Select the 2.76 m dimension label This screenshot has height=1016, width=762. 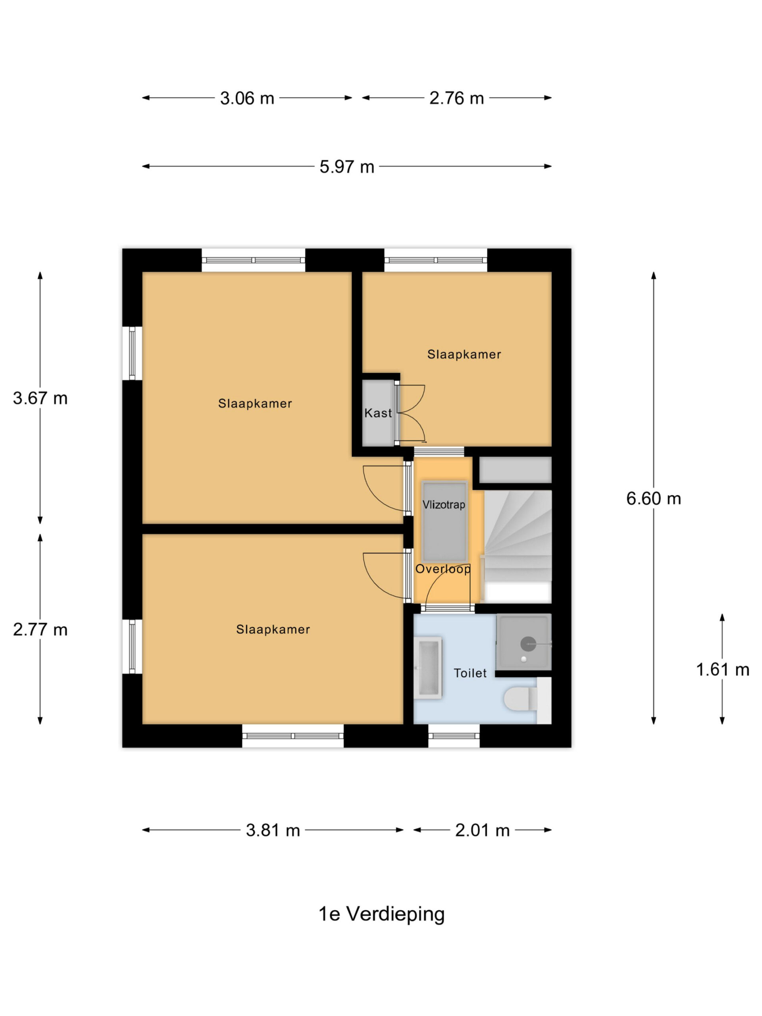click(456, 98)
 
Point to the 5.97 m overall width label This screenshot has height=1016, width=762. click(347, 166)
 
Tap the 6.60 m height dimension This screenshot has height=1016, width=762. click(653, 498)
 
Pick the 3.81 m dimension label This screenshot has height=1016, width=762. click(273, 830)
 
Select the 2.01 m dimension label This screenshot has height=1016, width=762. click(482, 830)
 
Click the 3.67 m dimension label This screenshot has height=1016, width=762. click(40, 398)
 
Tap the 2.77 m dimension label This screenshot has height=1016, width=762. click(40, 629)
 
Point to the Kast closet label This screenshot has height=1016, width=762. click(378, 413)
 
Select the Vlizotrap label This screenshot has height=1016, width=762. click(444, 505)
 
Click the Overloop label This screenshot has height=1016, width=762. click(443, 569)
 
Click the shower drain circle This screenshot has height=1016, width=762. click(528, 644)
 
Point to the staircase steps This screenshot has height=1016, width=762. click(518, 546)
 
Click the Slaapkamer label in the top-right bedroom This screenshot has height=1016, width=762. click(464, 354)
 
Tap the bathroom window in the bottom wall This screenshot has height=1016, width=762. click(454, 736)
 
